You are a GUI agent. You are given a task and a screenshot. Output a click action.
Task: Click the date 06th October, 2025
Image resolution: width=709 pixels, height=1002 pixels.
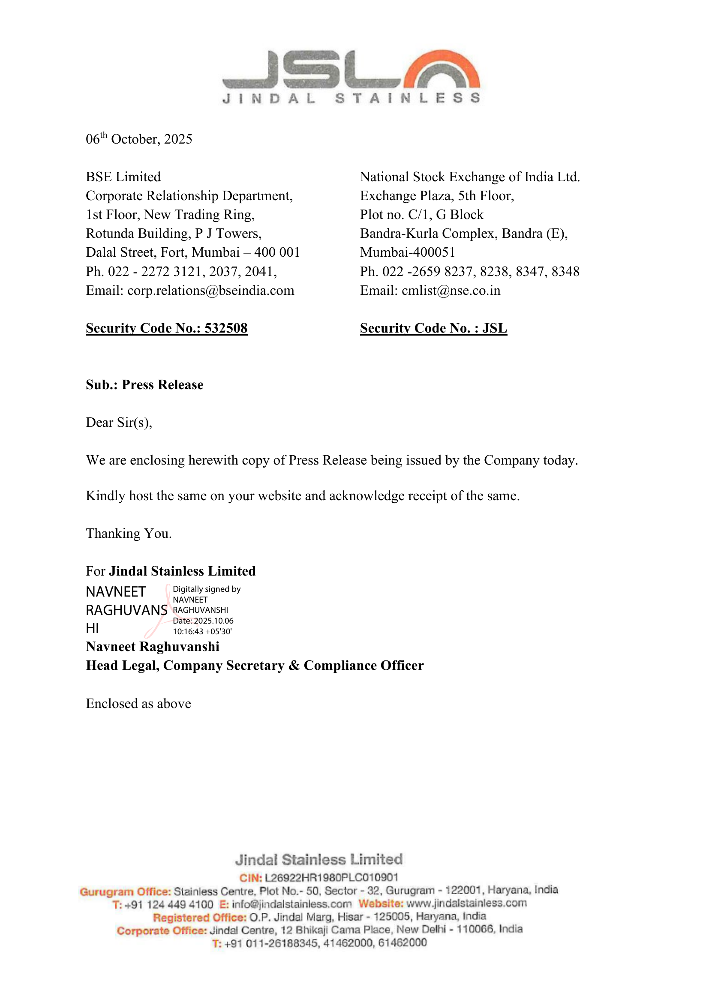(139, 139)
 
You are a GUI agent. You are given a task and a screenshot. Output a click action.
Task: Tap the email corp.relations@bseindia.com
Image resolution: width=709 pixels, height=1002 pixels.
(210, 291)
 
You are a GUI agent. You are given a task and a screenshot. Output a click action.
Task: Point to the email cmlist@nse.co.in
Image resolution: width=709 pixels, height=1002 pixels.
(451, 291)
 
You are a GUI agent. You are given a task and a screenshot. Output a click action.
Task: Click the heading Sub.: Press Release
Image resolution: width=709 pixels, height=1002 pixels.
(144, 385)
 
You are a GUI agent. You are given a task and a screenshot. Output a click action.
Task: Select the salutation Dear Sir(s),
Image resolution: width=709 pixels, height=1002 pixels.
(119, 423)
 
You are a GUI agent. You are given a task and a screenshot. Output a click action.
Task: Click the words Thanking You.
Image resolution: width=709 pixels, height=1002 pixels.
(129, 533)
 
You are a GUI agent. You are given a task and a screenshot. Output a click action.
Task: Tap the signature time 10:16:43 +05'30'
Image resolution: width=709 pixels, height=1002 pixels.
(202, 631)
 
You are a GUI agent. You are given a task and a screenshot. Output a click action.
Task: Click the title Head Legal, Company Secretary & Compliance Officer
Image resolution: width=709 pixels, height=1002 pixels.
(255, 666)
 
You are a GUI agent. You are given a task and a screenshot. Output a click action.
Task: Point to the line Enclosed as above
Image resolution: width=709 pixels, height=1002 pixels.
(138, 703)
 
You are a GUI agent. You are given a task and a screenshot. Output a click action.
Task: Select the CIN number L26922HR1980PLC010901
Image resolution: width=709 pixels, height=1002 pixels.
(331, 877)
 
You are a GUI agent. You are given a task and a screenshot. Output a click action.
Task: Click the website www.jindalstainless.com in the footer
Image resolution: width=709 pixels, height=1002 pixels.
(466, 903)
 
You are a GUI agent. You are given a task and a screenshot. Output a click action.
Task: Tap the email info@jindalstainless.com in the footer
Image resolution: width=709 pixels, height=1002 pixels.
(291, 904)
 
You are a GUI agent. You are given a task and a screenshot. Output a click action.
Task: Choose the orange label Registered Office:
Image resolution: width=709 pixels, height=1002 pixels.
(199, 917)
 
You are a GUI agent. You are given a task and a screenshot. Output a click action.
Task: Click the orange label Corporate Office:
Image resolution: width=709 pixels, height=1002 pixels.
(162, 930)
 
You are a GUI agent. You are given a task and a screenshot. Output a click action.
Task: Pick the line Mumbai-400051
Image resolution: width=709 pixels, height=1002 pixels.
(407, 252)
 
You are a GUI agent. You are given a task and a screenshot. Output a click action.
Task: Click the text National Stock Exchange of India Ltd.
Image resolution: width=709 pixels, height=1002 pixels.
(470, 177)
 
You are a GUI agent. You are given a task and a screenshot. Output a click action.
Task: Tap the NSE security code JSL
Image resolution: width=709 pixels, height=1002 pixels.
(494, 328)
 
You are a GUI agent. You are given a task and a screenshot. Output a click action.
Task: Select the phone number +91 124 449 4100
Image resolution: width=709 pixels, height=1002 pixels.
(168, 905)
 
